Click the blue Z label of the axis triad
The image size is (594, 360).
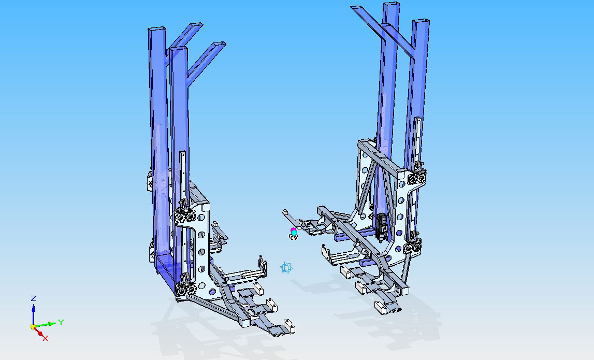33,298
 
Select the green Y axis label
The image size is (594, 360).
61,323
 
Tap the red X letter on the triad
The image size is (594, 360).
46,338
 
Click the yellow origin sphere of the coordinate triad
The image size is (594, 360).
33,327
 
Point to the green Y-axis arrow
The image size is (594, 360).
46,325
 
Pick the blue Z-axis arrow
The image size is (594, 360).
33,314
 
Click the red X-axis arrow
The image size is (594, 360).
38,332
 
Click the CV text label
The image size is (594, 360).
294,238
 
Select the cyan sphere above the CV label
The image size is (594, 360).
294,232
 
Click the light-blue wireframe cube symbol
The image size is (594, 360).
286,268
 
